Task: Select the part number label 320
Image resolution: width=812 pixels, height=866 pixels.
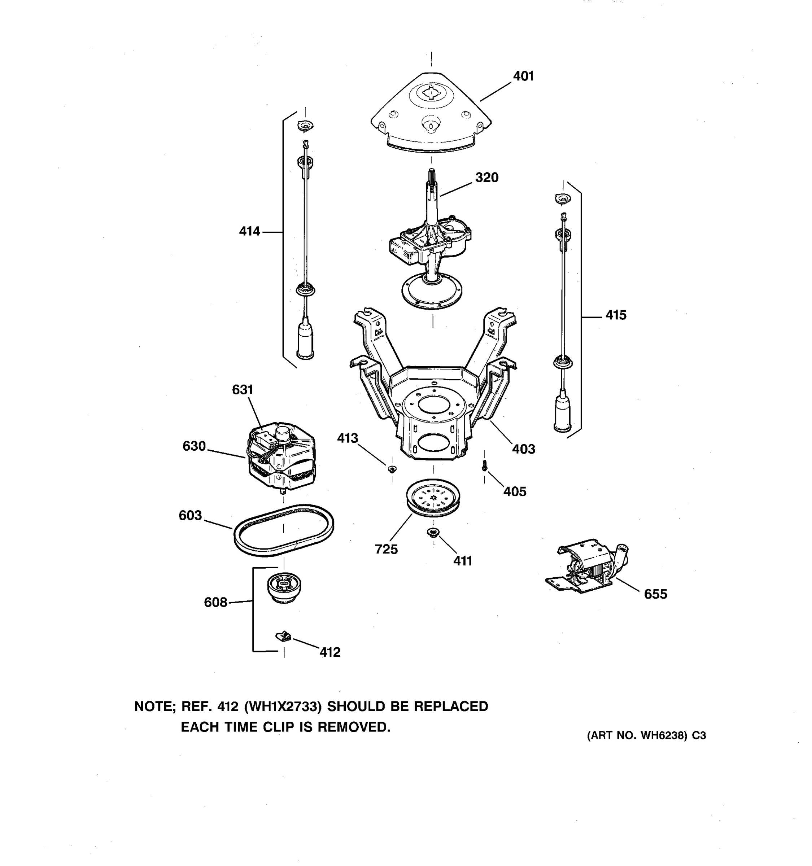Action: point(486,178)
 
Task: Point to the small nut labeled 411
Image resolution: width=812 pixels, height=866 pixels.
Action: point(433,532)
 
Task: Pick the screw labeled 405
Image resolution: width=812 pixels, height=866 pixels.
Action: point(484,467)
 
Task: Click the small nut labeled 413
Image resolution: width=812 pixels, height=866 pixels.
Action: point(392,469)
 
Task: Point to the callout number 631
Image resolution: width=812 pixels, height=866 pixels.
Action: point(242,389)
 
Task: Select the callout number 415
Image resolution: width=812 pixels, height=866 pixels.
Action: point(616,315)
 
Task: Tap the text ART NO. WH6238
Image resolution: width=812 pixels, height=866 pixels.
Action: point(637,736)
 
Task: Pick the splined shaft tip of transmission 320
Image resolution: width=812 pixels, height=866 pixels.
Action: point(431,176)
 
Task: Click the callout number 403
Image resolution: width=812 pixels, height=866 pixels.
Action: point(523,449)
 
